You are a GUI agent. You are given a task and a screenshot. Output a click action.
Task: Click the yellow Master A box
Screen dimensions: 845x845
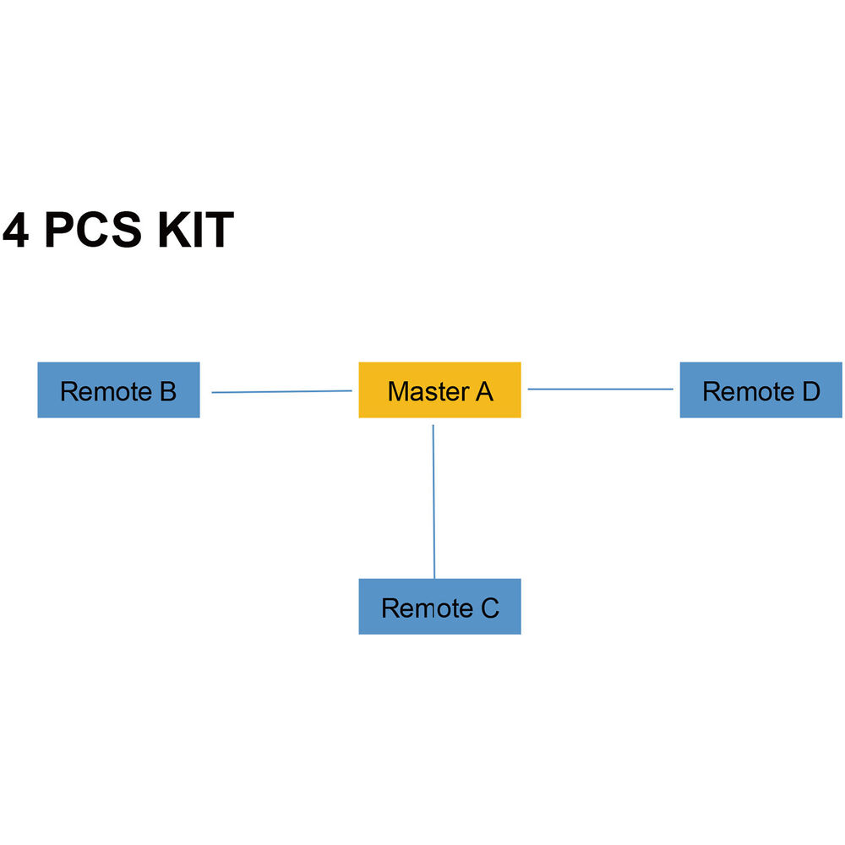click(439, 390)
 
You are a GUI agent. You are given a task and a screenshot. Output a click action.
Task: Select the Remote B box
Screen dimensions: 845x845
click(118, 390)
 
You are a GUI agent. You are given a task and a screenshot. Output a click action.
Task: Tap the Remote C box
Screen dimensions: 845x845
click(439, 607)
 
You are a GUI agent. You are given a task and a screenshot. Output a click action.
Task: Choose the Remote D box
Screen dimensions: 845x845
click(760, 390)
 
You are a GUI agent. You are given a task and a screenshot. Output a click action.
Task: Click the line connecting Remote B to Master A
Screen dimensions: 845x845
click(281, 391)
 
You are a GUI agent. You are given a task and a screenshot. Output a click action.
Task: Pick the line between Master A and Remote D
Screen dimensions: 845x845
click(600, 389)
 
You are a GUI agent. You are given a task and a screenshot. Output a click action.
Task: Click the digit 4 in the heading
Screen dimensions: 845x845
click(15, 231)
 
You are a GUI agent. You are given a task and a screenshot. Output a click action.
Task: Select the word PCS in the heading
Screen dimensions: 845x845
click(93, 231)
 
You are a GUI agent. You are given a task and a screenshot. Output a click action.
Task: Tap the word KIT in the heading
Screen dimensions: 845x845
click(195, 231)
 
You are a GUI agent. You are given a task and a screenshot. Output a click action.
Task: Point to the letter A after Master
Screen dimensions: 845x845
click(483, 391)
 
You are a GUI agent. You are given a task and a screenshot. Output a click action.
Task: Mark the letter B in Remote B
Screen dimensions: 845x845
click(167, 391)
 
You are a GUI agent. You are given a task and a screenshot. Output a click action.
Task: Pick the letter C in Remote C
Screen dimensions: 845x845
click(490, 608)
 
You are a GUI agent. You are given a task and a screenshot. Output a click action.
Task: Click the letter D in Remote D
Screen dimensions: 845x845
click(810, 391)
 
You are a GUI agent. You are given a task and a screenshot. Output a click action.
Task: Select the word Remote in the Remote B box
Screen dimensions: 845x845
click(106, 391)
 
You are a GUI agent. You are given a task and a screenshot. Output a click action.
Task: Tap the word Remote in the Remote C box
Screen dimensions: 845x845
click(427, 608)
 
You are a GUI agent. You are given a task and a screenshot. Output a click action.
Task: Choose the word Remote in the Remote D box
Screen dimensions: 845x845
click(748, 391)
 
